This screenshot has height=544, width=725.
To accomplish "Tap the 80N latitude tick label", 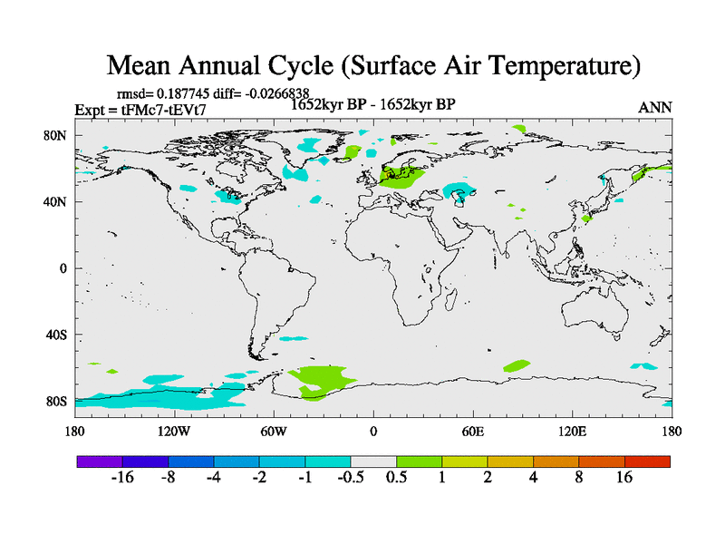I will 57,135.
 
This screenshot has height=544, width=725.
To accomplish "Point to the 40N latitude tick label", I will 57,201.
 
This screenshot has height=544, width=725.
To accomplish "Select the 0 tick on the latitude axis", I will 64,268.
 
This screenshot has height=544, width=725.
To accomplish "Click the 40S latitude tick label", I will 57,335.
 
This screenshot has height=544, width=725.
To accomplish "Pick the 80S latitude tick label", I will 57,401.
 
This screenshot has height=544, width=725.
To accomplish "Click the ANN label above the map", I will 655,107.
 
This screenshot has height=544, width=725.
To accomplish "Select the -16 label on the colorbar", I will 121,477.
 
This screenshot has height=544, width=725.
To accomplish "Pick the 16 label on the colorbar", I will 623,477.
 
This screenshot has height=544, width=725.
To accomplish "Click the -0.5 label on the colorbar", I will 349,477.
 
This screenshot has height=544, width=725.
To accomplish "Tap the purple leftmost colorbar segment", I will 99,461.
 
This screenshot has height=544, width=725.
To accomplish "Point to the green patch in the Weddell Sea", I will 322,379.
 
